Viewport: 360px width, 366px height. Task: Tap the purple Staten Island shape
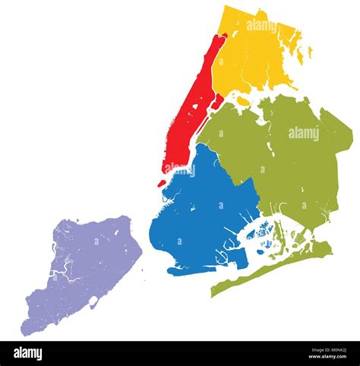coord(84,266)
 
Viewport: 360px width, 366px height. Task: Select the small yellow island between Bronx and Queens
coord(242,98)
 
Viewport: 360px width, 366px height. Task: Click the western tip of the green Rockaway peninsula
coord(214,292)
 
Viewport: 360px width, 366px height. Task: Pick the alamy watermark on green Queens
coord(304,134)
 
